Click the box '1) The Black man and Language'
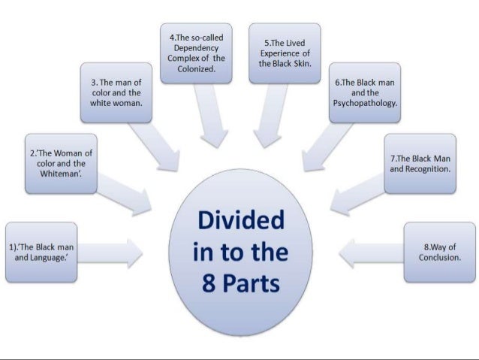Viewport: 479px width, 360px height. [41, 252]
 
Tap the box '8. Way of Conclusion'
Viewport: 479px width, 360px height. [439, 252]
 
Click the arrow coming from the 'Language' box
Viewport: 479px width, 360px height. [113, 253]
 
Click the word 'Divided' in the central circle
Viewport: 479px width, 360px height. [240, 222]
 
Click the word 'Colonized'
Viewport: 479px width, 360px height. [196, 68]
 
